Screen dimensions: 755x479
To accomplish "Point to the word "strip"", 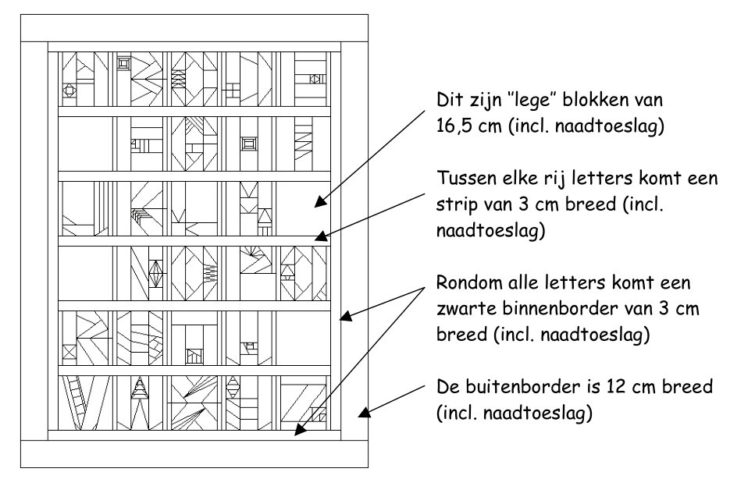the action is pyautogui.click(x=454, y=205).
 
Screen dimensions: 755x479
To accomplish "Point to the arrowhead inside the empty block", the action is pyautogui.click(x=319, y=202).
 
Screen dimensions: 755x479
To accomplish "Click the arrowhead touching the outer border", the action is pyautogui.click(x=364, y=413).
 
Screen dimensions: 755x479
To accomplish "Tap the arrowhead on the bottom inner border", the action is pyautogui.click(x=300, y=430).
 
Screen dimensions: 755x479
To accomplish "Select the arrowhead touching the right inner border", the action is pyautogui.click(x=346, y=316).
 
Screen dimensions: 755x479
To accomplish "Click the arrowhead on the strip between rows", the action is pyautogui.click(x=322, y=236).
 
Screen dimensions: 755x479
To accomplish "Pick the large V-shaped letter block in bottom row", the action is pyautogui.click(x=85, y=403).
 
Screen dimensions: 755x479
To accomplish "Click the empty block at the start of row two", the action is pyautogui.click(x=85, y=144).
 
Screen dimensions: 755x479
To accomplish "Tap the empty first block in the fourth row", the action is pyautogui.click(x=85, y=274).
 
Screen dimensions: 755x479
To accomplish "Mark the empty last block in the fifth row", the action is pyautogui.click(x=304, y=338).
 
